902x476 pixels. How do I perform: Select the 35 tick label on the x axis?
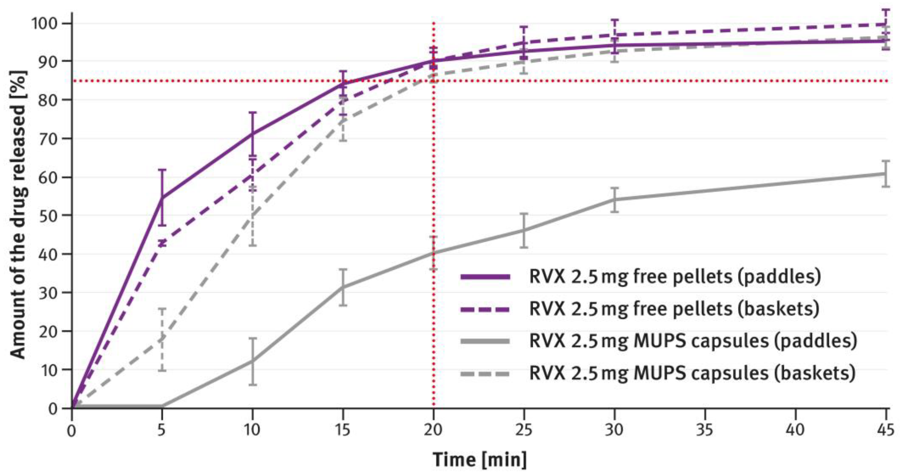tap(705, 430)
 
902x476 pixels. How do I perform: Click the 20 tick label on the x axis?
tap(433, 430)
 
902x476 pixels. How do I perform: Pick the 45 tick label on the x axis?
tap(886, 430)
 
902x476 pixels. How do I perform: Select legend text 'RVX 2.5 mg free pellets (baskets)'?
tap(674, 309)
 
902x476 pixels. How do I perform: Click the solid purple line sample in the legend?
tap(485, 277)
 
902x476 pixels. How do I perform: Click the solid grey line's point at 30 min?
tap(615, 200)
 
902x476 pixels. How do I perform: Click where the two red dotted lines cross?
tap(433, 81)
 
